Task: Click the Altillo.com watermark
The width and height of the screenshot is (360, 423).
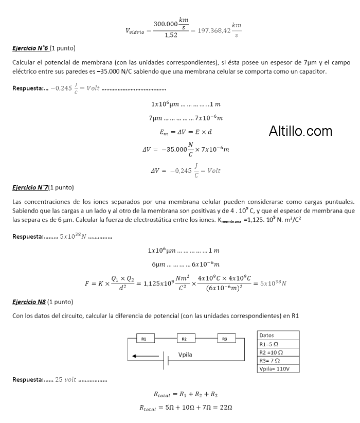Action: click(300, 131)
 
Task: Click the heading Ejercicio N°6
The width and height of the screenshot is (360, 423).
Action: click(31, 48)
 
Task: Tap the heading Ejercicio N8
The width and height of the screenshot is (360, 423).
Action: click(30, 302)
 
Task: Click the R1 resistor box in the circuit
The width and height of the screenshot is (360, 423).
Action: click(144, 339)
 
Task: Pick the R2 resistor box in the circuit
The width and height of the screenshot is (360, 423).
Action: click(185, 339)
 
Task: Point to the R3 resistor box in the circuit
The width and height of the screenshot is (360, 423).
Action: click(225, 339)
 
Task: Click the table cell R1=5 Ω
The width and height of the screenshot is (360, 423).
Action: click(278, 344)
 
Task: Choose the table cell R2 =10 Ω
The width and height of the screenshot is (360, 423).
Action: click(278, 352)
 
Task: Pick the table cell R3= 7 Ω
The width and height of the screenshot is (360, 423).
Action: click(278, 360)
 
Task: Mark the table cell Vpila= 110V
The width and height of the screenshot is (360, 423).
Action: click(278, 368)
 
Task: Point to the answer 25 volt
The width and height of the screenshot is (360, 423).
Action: click(65, 379)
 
